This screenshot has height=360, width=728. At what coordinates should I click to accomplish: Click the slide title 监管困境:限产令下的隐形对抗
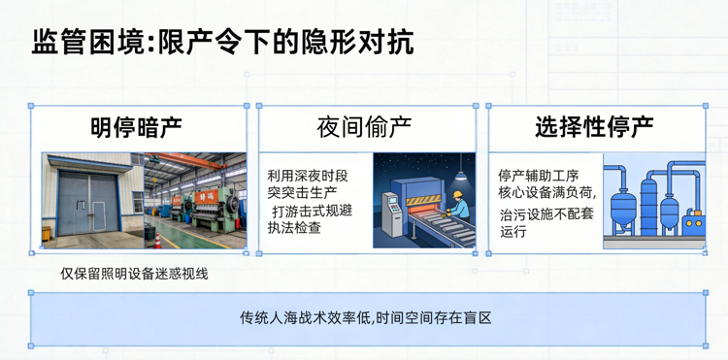tap(222, 43)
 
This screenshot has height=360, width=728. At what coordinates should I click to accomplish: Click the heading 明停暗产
tap(136, 126)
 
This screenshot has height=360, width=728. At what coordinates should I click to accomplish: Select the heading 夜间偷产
tap(365, 126)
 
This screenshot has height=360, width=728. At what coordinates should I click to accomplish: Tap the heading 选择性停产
tap(593, 126)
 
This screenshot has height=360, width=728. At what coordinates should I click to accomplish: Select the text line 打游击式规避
tap(311, 211)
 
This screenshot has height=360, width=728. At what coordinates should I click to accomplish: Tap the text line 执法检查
tap(294, 228)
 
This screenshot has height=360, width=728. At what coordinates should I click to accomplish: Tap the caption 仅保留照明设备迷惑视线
tap(134, 274)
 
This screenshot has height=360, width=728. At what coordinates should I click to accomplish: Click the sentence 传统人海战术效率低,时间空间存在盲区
tap(366, 318)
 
